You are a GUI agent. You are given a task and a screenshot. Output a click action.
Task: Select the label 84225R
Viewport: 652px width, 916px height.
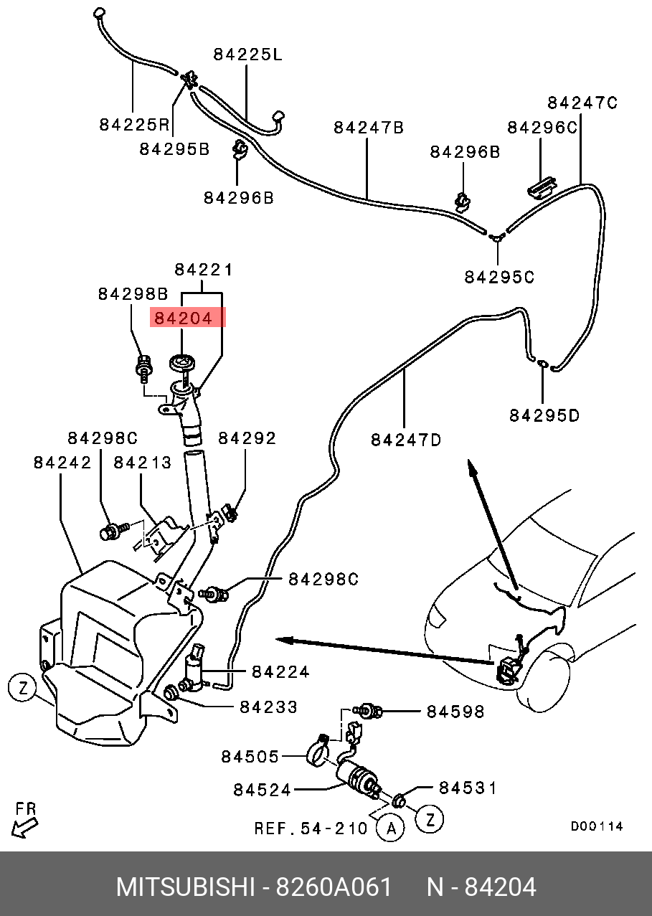pos(134,125)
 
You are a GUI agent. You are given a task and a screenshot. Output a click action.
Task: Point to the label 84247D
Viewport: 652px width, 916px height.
pos(406,439)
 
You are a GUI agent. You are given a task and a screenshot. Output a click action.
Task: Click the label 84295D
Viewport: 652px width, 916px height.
pos(544,415)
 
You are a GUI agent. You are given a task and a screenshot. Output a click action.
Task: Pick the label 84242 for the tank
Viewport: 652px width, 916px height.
pos(62,463)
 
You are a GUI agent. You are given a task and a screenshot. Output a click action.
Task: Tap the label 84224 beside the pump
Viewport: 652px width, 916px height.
pos(280,672)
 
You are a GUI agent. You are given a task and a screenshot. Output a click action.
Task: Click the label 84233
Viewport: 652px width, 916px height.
pos(268,707)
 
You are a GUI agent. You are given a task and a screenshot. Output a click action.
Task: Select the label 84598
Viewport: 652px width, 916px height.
pos(455,712)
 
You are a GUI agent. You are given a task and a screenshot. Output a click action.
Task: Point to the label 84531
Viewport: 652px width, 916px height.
pos(468,788)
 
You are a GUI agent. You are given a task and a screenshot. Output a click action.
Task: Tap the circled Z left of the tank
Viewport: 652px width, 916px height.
pos(22,689)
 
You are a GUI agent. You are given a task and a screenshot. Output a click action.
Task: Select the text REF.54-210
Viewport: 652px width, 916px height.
pos(311,829)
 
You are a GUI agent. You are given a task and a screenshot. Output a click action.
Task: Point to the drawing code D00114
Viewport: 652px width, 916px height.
pos(597,826)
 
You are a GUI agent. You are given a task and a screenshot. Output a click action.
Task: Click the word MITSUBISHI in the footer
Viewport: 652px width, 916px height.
pos(185,887)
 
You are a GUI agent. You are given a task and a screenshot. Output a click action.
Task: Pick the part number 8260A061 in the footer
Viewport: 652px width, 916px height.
pos(334,887)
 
